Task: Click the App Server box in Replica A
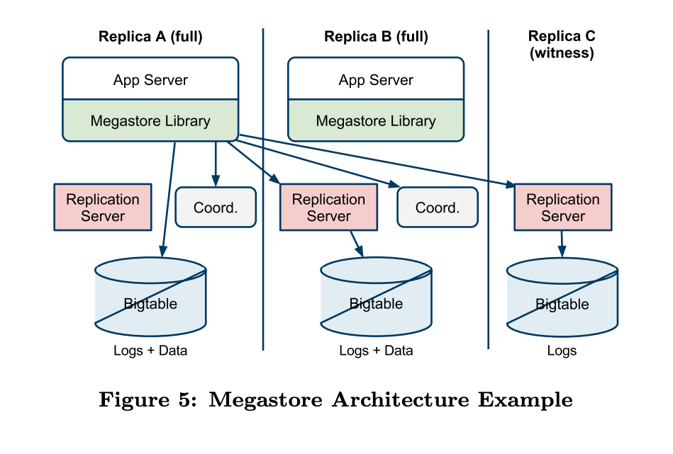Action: click(x=150, y=79)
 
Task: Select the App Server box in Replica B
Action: click(x=376, y=79)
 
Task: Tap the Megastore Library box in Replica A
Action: click(x=150, y=121)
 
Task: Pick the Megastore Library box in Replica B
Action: click(x=376, y=121)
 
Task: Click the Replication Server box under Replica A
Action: click(x=103, y=208)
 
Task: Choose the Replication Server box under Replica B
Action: click(x=328, y=208)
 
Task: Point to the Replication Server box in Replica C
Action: click(x=562, y=208)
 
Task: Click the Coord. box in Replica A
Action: click(x=216, y=208)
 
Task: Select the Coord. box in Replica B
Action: click(x=438, y=208)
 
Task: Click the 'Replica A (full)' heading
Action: click(x=150, y=37)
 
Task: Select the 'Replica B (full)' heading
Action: click(x=376, y=37)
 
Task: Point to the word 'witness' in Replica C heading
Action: click(x=562, y=53)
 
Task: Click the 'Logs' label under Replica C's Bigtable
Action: click(x=562, y=351)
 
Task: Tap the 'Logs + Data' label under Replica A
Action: click(x=150, y=351)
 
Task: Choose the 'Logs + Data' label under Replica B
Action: click(x=376, y=351)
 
